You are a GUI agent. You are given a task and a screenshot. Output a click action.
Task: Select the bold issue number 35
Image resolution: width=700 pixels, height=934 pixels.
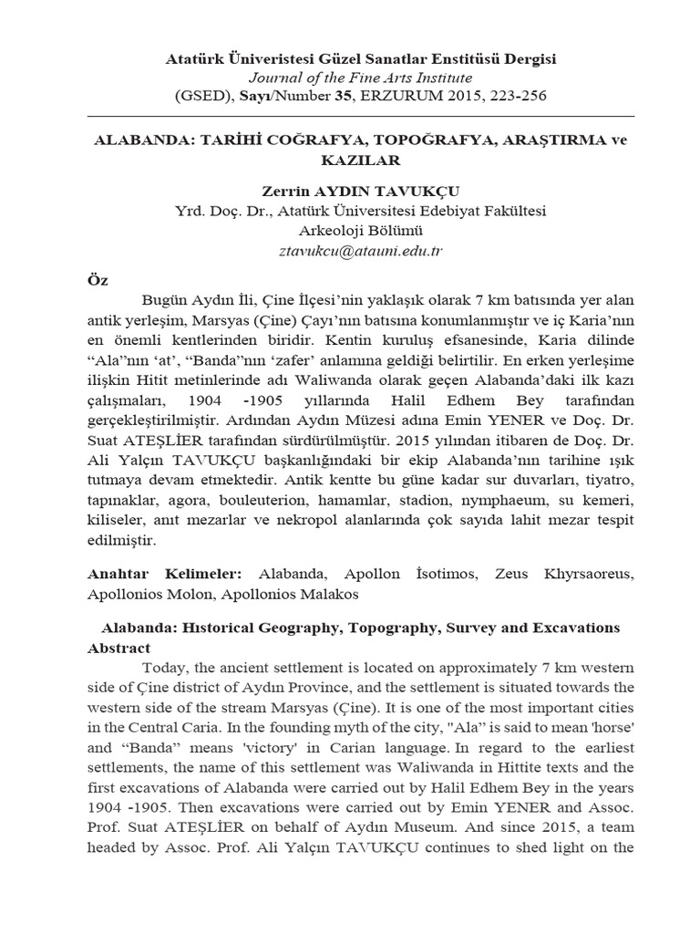[x=343, y=95]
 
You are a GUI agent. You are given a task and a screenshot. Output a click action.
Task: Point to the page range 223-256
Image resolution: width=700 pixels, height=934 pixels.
[x=507, y=95]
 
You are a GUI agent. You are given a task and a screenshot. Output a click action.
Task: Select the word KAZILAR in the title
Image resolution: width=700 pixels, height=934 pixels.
[x=349, y=161]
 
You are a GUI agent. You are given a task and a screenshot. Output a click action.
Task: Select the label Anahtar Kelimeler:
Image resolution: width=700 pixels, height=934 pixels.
[x=164, y=574]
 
